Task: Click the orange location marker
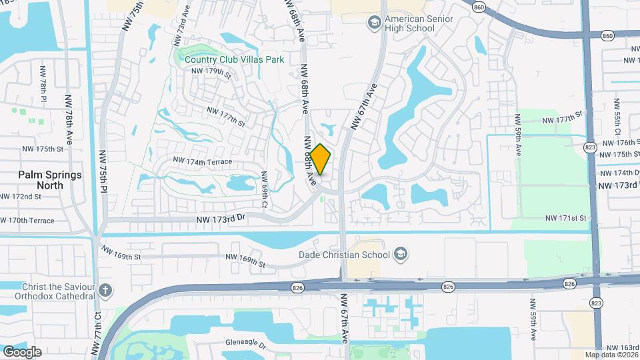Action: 321,159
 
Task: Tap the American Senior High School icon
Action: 375,24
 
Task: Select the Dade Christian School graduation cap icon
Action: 400,254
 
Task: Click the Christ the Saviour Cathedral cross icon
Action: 107,291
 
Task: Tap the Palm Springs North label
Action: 50,180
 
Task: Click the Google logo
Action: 22,351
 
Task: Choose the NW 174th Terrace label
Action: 202,161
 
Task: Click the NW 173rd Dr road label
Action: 221,217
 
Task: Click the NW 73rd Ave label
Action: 179,31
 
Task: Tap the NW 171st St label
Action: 565,218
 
